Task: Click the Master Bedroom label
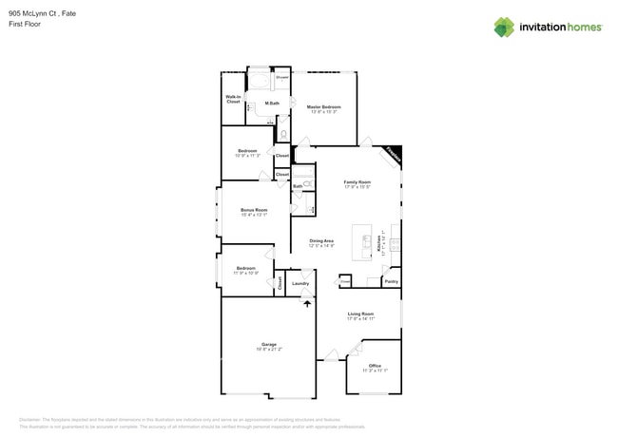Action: [323, 106]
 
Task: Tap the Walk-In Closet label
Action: [233, 99]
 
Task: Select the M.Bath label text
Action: [272, 103]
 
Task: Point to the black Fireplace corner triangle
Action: [394, 154]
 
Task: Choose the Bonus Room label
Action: [254, 210]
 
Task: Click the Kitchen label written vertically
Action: [378, 245]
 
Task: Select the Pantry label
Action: [391, 281]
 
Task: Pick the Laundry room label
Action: [300, 283]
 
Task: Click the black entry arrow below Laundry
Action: [306, 303]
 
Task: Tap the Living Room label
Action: [360, 313]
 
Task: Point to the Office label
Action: [375, 366]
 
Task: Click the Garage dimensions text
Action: [269, 350]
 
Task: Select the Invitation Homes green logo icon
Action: [504, 28]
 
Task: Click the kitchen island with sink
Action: [362, 242]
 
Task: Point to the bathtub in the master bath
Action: [258, 80]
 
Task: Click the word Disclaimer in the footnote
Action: [31, 419]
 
